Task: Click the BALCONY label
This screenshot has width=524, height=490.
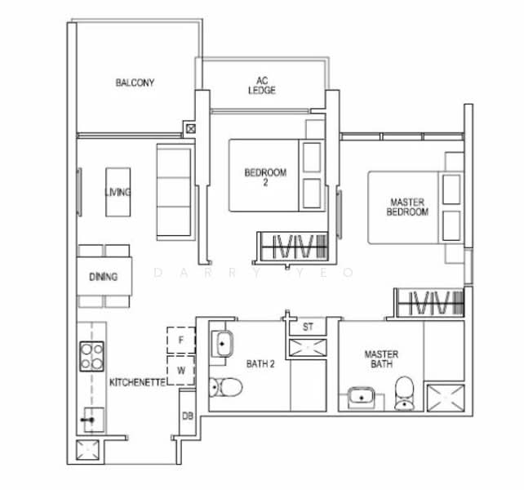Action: point(135,82)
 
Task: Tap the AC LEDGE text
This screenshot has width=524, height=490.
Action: point(262,85)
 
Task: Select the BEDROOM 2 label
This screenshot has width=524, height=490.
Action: point(265,177)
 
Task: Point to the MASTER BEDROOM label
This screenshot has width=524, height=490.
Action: point(407,207)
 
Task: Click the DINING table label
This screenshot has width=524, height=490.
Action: point(104,277)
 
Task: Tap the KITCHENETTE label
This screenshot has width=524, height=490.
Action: point(138,382)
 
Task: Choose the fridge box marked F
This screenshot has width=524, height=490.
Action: point(181,341)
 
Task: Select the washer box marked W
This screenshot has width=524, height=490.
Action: point(181,370)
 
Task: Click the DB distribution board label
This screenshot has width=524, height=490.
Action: point(188,416)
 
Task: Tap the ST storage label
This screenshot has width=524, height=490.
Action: point(308,327)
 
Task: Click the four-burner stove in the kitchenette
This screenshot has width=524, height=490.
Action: point(91,356)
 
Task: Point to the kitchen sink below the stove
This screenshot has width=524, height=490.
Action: point(93,420)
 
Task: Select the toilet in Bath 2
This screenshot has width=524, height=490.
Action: point(225,387)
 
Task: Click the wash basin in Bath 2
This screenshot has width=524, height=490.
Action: point(222,344)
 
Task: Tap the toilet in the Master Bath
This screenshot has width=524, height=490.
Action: point(404,394)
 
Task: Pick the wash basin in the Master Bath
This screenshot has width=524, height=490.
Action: point(361,398)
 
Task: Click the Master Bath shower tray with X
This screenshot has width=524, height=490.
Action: point(446,398)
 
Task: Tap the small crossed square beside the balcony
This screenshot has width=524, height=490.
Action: point(191,128)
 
